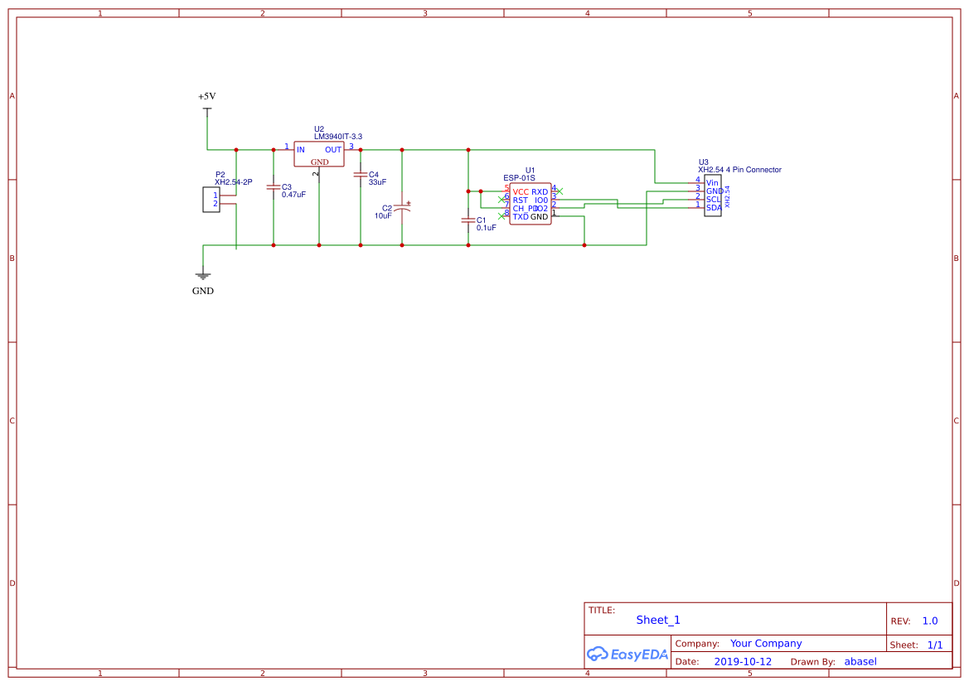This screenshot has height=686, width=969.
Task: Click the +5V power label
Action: tap(206, 97)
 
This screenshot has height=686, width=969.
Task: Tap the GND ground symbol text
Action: tap(203, 292)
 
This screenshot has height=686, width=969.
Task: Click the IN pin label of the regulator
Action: tap(301, 150)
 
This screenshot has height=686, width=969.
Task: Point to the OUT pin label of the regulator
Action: tap(333, 150)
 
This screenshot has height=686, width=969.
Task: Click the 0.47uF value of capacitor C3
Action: tap(293, 195)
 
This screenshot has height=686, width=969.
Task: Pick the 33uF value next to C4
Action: tap(378, 182)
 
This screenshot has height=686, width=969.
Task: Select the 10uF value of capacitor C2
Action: tap(383, 215)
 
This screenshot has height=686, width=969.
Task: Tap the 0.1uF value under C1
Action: tap(486, 228)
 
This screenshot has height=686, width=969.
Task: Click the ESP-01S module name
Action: tap(519, 178)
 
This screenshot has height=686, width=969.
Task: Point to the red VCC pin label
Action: tap(521, 192)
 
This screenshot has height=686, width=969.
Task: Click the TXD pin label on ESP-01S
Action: tap(521, 217)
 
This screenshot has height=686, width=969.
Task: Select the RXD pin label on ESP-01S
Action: tap(540, 192)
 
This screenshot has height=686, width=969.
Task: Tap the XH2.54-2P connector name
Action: tap(233, 182)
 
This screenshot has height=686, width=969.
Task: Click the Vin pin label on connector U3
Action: tap(712, 182)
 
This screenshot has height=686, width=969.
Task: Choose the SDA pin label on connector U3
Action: tap(713, 208)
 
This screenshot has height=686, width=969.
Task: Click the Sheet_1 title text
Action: tap(658, 620)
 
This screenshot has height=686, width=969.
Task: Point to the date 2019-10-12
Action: tap(743, 662)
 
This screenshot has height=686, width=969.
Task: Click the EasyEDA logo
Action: tap(627, 654)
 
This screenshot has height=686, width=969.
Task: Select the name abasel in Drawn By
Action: tap(860, 662)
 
